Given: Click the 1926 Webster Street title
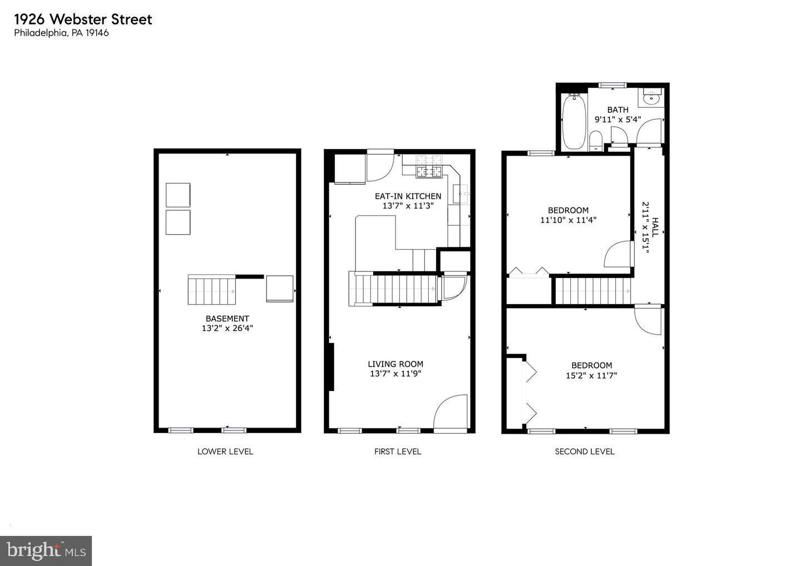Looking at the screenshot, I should pos(83,19).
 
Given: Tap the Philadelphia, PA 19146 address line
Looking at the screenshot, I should pos(61,33).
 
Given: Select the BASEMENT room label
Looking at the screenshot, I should pos(227,319).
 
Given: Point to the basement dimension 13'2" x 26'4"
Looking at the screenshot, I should pos(227,329).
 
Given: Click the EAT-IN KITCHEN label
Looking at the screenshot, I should pos(408,196).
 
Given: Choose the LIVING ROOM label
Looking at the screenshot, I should pos(395,364).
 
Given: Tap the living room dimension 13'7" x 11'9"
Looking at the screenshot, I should pos(395,374).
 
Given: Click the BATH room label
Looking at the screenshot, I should pos(617,110).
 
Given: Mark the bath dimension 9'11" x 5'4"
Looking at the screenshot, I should pos(617,119).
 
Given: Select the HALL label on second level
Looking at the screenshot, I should pos(655,227).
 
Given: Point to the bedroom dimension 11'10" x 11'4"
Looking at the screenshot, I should pos(568,220).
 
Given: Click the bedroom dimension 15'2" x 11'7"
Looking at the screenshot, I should pos(591,375).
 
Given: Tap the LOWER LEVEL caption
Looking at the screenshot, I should pos(225,451).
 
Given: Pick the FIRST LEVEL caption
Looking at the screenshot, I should pos(398,451).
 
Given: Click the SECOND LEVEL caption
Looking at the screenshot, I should pos(585,451).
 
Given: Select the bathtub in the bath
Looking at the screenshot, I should pos(573,122).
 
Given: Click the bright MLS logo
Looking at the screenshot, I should pos(46,550).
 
